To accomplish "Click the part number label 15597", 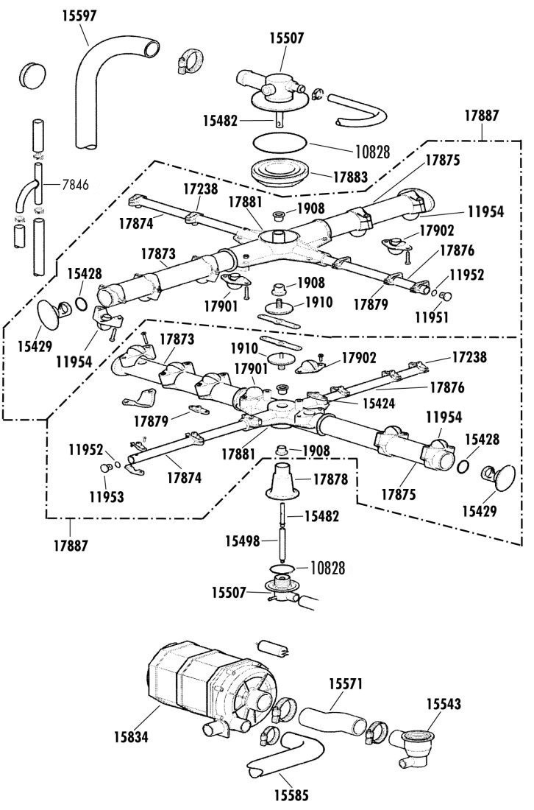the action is click(x=79, y=15).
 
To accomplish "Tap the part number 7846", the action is click(x=75, y=184).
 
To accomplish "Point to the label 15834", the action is click(x=131, y=736).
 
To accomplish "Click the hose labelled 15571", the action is click(x=332, y=721).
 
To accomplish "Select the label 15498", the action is click(x=243, y=541).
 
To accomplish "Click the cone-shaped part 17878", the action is click(x=283, y=481).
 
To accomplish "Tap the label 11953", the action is click(x=107, y=496).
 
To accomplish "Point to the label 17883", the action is click(x=350, y=177).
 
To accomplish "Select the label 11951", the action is click(x=432, y=316).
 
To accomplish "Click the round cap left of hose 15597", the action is click(x=32, y=76).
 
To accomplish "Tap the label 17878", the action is click(x=331, y=479).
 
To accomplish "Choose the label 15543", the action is click(x=444, y=703).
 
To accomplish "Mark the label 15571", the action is click(x=346, y=684).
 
